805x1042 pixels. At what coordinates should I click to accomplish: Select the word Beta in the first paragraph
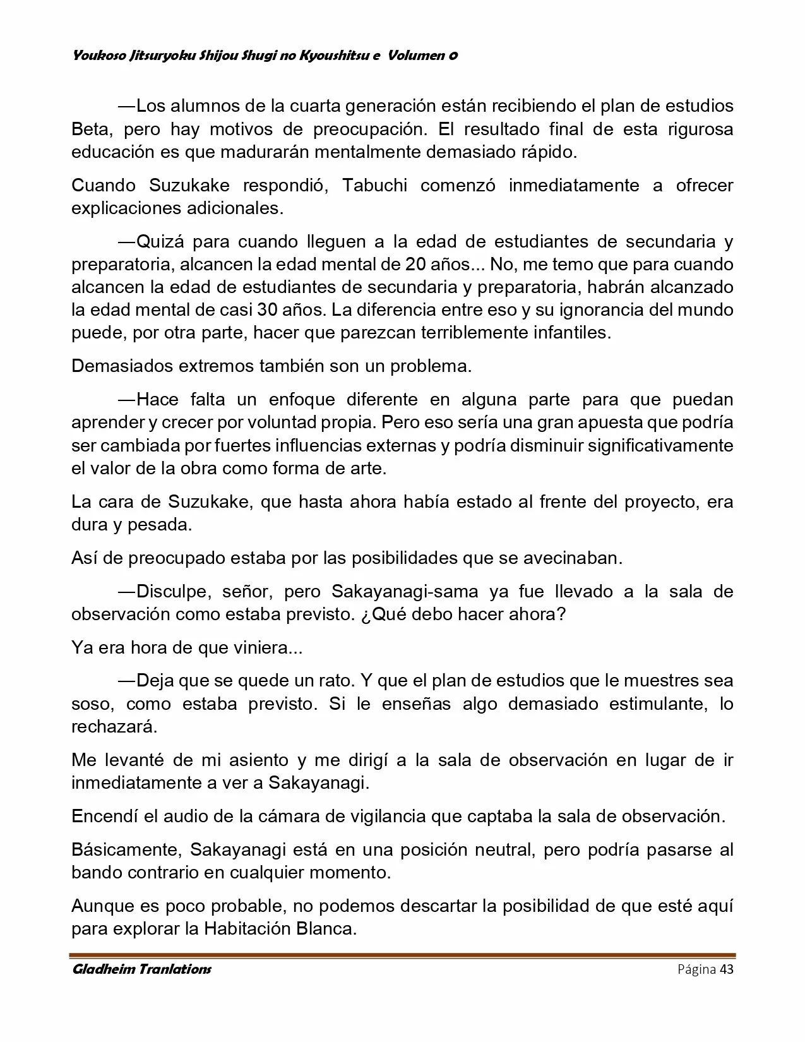click(x=92, y=129)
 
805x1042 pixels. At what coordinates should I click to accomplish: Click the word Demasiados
click(x=124, y=366)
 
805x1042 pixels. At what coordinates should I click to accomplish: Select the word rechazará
click(x=114, y=726)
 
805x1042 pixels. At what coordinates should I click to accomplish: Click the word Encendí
click(x=102, y=816)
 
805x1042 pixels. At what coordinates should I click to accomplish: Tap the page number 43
click(x=726, y=969)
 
